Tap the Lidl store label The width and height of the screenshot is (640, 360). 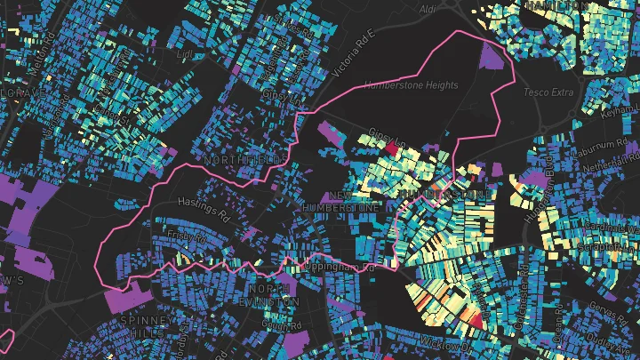coord(186,54)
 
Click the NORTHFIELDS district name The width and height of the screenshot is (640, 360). coord(245,159)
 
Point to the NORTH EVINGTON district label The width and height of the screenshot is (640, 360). coord(274,296)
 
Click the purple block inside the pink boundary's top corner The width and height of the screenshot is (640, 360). coord(491,56)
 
